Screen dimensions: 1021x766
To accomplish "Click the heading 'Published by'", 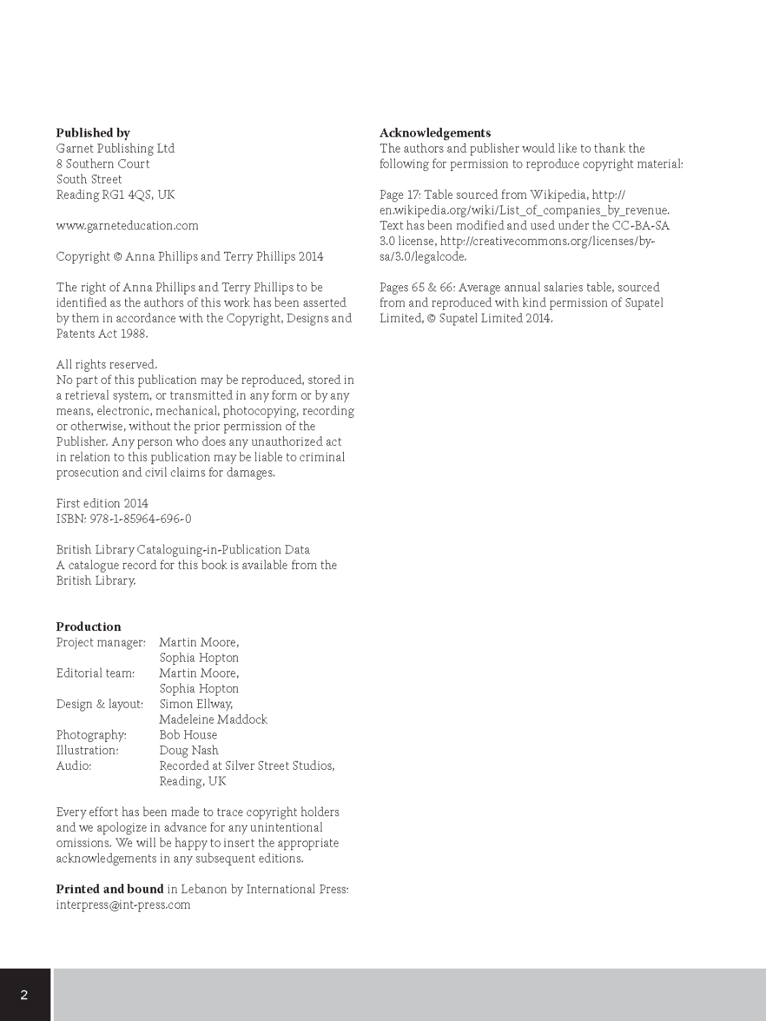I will pyautogui.click(x=93, y=133).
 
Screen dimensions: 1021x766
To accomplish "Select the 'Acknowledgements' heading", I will pyautogui.click(x=434, y=133).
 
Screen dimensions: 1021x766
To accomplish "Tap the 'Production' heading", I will pyautogui.click(x=89, y=626).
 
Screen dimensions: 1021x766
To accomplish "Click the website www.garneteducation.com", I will pyautogui.click(x=127, y=225).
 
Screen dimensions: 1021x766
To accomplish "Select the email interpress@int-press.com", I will pyautogui.click(x=123, y=905).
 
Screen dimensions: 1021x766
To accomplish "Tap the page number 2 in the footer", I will pyautogui.click(x=25, y=994).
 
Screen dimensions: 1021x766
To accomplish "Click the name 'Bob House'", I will pyautogui.click(x=188, y=734).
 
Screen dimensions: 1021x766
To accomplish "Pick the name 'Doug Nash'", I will pyautogui.click(x=189, y=750).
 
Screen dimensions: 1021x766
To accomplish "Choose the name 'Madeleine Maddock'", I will pyautogui.click(x=213, y=719).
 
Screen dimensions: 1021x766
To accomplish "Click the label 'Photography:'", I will pyautogui.click(x=91, y=734).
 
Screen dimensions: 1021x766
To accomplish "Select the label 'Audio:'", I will pyautogui.click(x=74, y=766).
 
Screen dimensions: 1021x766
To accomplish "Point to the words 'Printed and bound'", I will pyautogui.click(x=110, y=889).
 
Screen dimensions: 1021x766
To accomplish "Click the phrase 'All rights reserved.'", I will pyautogui.click(x=107, y=364).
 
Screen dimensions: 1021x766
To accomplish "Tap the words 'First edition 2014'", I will pyautogui.click(x=102, y=503).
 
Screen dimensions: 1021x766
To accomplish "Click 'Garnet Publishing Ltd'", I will pyautogui.click(x=115, y=148).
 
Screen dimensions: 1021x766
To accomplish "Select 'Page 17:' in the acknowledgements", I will pyautogui.click(x=400, y=195).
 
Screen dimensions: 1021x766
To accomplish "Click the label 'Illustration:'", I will pyautogui.click(x=87, y=750).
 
